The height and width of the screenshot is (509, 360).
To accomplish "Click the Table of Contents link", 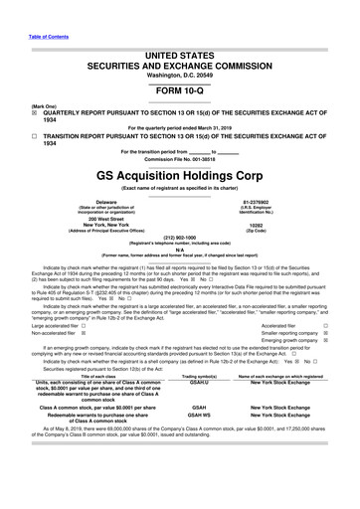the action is pos(24,11).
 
